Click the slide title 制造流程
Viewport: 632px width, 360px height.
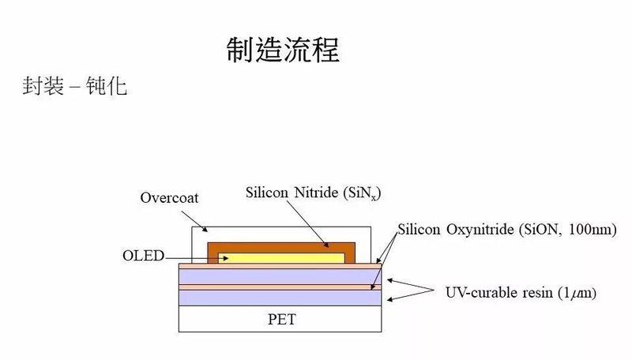click(x=282, y=50)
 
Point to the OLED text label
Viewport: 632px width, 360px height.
click(x=142, y=256)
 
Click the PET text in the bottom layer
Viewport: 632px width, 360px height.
click(x=280, y=320)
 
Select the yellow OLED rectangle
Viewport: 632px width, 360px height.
click(x=281, y=257)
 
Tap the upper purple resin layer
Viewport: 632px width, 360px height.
click(x=280, y=277)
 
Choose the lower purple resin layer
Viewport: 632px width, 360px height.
click(x=280, y=298)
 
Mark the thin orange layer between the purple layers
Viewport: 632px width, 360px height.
click(x=280, y=287)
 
